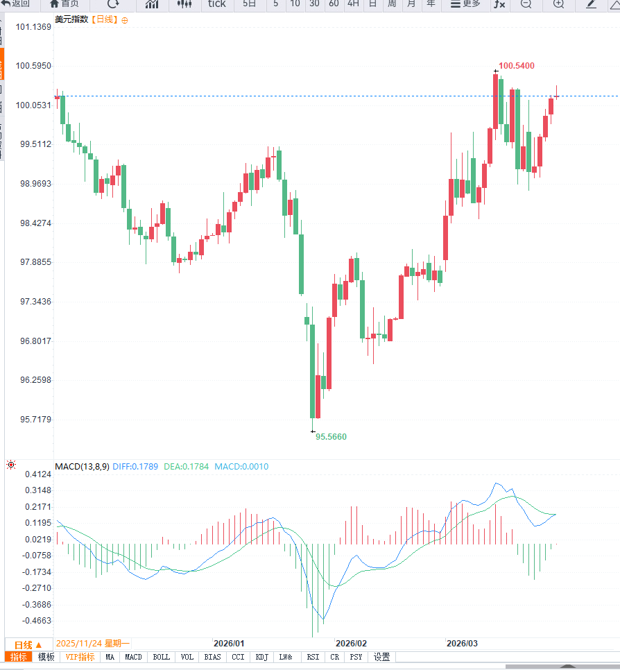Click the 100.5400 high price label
point(517,66)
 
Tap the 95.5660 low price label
point(331,437)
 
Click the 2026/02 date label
point(350,643)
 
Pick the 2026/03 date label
point(462,643)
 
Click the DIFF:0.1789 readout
point(136,467)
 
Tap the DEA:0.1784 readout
point(187,467)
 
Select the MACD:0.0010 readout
point(241,467)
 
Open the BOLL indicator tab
point(161,657)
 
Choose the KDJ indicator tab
point(261,657)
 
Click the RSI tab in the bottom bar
point(313,657)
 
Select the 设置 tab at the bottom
point(381,657)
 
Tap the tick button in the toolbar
point(216,4)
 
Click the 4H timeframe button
point(353,4)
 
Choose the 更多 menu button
point(465,4)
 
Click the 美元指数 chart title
point(71,19)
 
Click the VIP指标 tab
point(80,657)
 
